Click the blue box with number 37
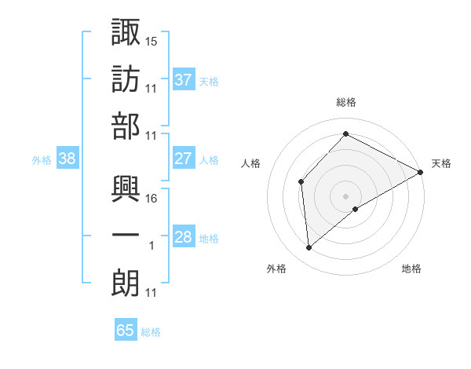(x=183, y=80)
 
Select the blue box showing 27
(x=183, y=159)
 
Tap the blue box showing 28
(x=183, y=237)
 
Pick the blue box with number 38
(x=68, y=159)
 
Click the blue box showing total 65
(x=126, y=331)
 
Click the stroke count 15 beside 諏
(x=152, y=40)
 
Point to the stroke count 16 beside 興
(x=152, y=199)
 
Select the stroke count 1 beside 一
(x=152, y=246)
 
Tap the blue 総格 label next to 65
(x=151, y=332)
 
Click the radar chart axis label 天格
(x=441, y=163)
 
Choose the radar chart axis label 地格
(x=411, y=269)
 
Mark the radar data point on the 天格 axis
(x=421, y=173)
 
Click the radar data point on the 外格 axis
(x=309, y=248)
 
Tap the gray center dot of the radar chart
(x=345, y=195)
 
